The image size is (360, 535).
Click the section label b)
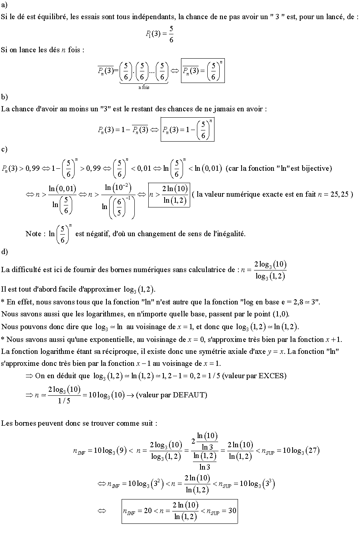click(x=4, y=97)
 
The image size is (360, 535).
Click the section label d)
click(x=4, y=251)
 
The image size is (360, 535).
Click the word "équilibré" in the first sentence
click(x=53, y=18)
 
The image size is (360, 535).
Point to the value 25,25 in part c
click(x=339, y=194)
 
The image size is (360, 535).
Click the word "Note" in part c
click(x=33, y=234)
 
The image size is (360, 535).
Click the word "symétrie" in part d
click(x=215, y=351)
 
